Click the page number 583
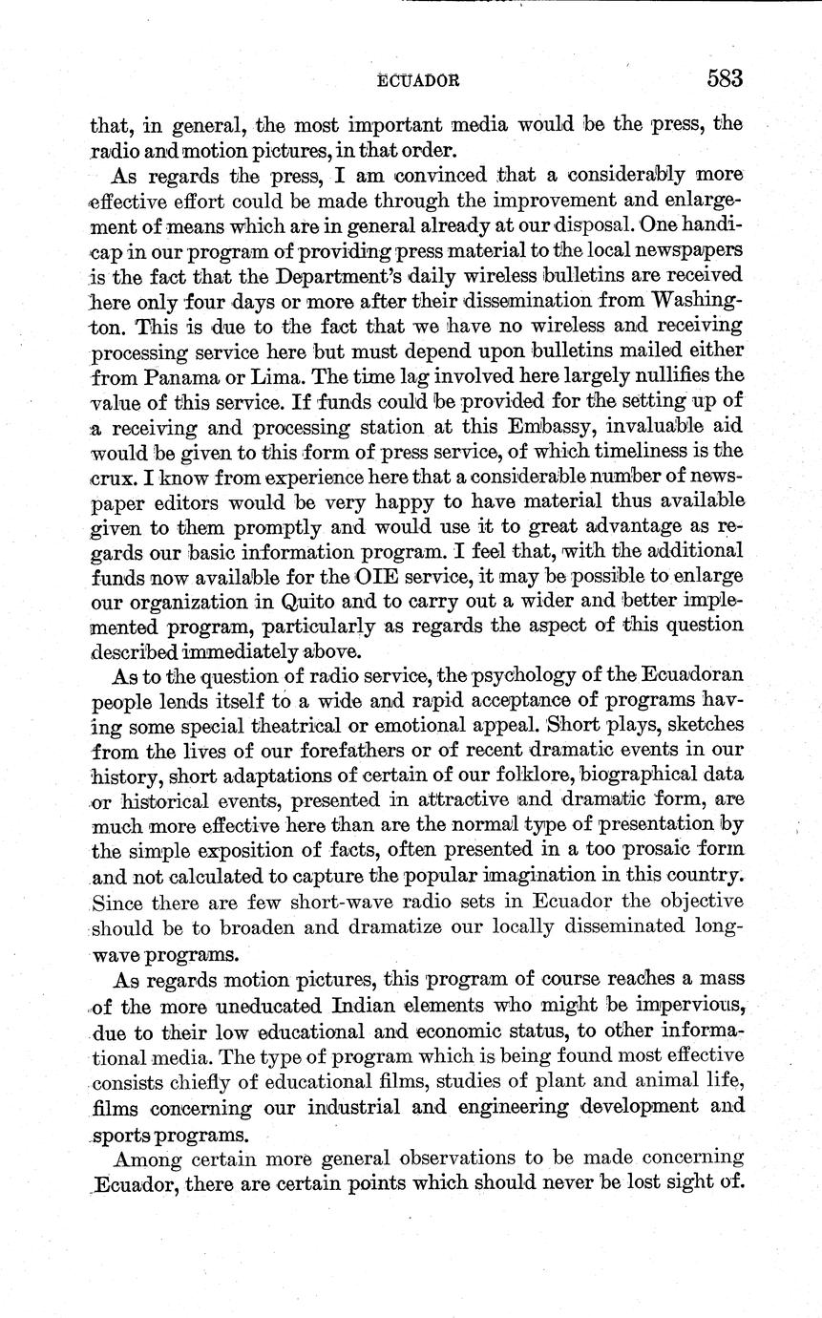(724, 79)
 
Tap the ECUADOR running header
(419, 82)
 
